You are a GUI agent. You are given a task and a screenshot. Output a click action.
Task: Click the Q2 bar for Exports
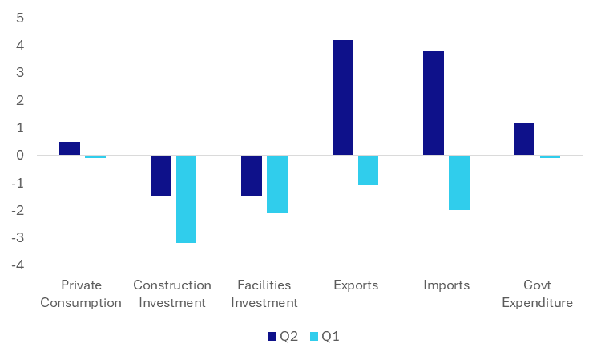point(342,97)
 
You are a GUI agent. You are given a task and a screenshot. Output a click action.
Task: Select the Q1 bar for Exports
point(368,170)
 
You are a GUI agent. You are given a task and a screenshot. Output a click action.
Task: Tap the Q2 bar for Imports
point(434,103)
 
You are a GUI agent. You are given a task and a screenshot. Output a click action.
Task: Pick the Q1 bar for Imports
point(458,182)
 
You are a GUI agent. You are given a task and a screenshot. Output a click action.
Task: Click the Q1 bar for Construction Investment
point(186,199)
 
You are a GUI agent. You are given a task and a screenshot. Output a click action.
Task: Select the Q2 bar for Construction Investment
point(160,176)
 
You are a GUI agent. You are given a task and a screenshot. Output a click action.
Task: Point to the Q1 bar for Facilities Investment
point(277,184)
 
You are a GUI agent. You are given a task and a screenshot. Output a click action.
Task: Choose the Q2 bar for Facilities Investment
point(252,176)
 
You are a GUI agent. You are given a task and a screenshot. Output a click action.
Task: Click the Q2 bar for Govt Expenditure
point(524,139)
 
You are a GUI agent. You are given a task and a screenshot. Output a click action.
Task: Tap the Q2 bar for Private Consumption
point(70,148)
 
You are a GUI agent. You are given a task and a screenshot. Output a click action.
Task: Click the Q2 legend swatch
point(272,337)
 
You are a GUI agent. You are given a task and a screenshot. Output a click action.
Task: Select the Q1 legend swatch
point(315,337)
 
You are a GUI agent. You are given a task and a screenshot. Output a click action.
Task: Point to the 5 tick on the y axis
point(19,18)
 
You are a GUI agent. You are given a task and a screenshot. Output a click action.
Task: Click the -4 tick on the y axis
point(17,265)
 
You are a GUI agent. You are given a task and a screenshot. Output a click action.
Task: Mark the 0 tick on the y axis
point(19,156)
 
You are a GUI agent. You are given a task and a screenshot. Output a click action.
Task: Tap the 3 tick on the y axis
point(19,73)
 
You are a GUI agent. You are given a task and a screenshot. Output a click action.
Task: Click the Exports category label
point(355,285)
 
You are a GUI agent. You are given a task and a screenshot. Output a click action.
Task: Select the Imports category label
point(446,285)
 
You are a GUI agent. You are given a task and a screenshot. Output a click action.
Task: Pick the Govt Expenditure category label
point(537,294)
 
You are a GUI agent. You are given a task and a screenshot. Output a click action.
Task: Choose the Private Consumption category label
point(81,294)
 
